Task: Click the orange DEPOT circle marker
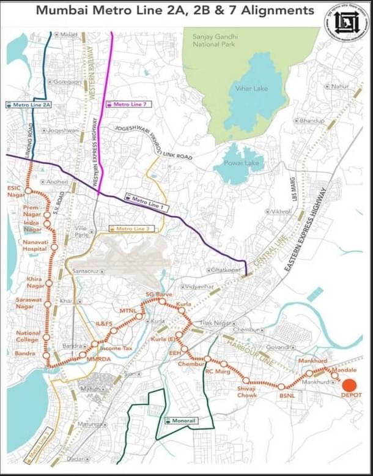click(x=349, y=386)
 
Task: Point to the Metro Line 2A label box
click(x=28, y=105)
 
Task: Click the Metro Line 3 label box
click(x=128, y=228)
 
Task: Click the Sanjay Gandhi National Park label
click(x=212, y=40)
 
